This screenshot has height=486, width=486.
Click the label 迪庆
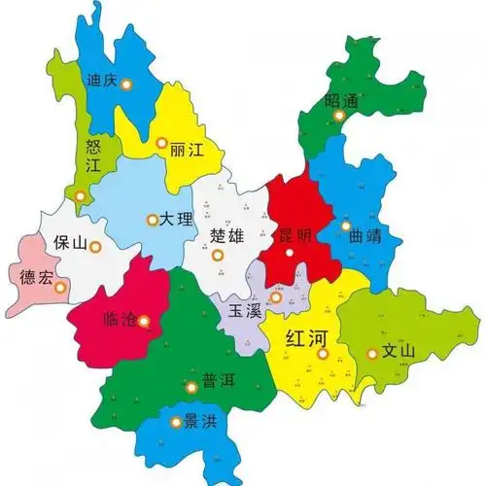pyautogui.click(x=101, y=81)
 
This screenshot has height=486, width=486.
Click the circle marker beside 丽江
pyautogui.click(x=160, y=143)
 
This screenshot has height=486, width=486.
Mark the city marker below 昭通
pyautogui.click(x=339, y=116)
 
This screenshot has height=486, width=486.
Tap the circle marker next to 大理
pyautogui.click(x=152, y=220)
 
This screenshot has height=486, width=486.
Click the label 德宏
pyautogui.click(x=37, y=276)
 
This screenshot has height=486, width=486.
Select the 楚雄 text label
pyautogui.click(x=227, y=235)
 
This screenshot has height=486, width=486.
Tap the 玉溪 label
pyautogui.click(x=245, y=312)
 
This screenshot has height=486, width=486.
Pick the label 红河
pyautogui.click(x=308, y=338)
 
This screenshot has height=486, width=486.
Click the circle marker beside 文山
pyautogui.click(x=370, y=354)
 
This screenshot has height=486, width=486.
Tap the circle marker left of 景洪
pyautogui.click(x=176, y=422)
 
